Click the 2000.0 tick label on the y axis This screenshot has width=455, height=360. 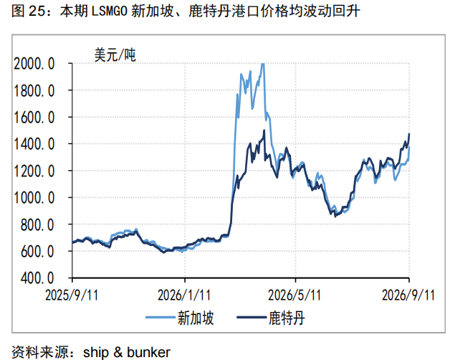[x=34, y=64]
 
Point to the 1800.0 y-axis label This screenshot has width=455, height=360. [x=34, y=91]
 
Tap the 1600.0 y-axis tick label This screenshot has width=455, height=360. [x=34, y=118]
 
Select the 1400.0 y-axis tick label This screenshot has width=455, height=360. [x=34, y=144]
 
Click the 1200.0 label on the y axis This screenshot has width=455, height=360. [x=34, y=171]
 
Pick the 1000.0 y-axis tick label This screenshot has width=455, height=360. [x=34, y=198]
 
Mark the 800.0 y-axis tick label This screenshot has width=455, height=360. [x=37, y=224]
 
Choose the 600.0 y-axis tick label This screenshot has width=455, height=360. [x=37, y=251]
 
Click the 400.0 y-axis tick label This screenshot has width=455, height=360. [x=37, y=278]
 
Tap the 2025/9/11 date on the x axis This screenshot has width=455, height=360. [x=72, y=295]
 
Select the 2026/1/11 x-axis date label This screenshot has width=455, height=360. [x=184, y=295]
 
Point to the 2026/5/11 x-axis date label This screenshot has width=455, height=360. [x=294, y=295]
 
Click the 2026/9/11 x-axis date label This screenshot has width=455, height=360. [x=408, y=295]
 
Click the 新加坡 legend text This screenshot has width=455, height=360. [x=196, y=318]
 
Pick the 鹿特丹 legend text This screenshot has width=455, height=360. [x=287, y=318]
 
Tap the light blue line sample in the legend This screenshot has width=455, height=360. [x=161, y=318]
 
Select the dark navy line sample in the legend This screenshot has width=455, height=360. [x=252, y=318]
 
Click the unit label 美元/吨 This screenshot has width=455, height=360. [x=115, y=55]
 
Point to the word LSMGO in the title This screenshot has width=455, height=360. [x=110, y=11]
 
